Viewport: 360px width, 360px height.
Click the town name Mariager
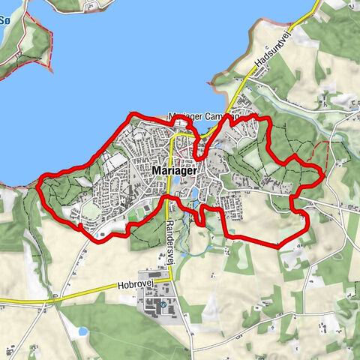click(x=174, y=170)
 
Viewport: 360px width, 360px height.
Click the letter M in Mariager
click(x=156, y=170)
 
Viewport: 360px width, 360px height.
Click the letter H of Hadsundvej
click(x=256, y=69)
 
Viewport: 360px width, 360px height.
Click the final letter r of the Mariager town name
click(x=194, y=170)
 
